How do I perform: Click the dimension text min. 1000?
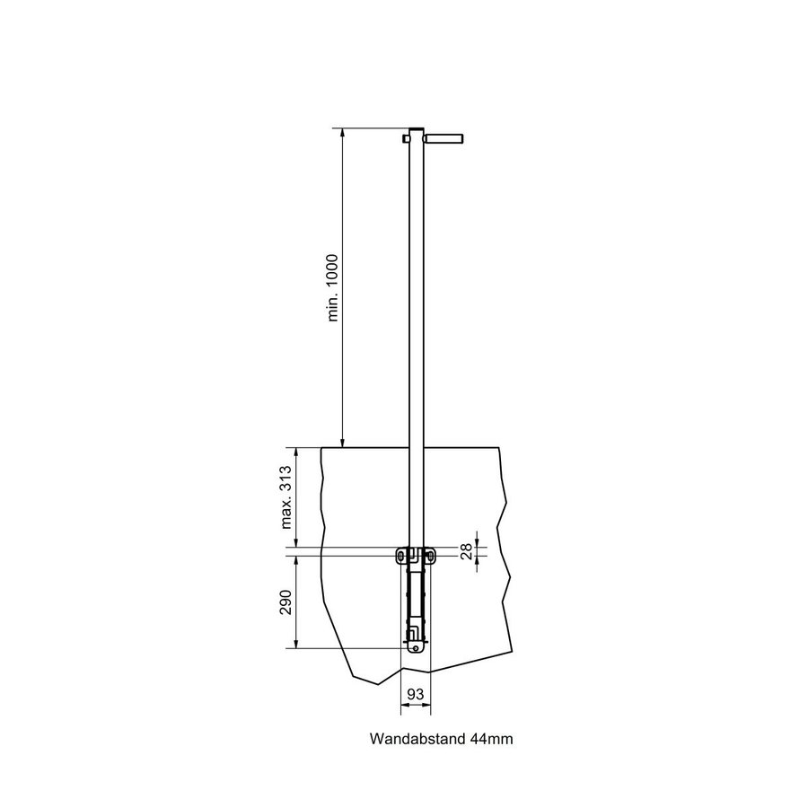pyautogui.click(x=333, y=286)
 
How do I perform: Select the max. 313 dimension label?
pyautogui.click(x=286, y=499)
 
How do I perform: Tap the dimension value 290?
pyautogui.click(x=286, y=602)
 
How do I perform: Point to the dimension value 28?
pyautogui.click(x=466, y=551)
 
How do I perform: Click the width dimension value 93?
pyautogui.click(x=416, y=694)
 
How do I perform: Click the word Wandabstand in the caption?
pyautogui.click(x=416, y=740)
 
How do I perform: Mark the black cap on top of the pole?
pyautogui.click(x=416, y=130)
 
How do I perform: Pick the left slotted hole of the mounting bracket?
pyautogui.click(x=400, y=557)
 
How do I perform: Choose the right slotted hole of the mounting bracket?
pyautogui.click(x=432, y=557)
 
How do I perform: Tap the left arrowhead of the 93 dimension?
pyautogui.click(x=402, y=706)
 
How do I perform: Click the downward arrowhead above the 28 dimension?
pyautogui.click(x=477, y=543)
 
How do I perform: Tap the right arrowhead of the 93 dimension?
pyautogui.click(x=428, y=706)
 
